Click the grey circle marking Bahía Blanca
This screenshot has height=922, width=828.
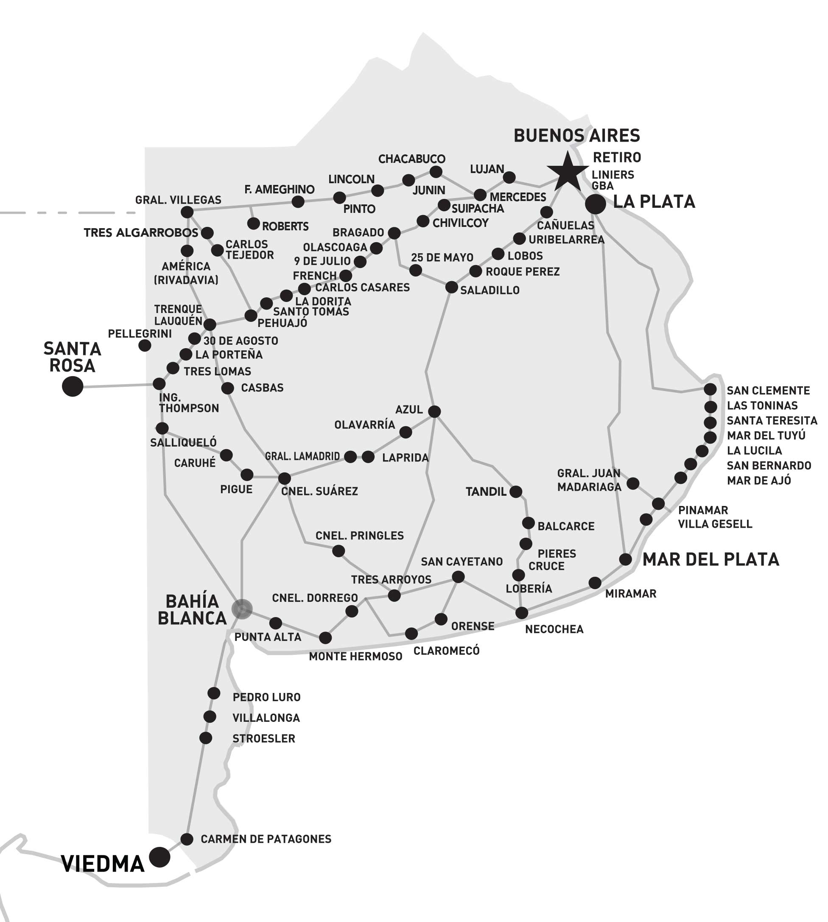point(242,609)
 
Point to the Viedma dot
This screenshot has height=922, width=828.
point(159,858)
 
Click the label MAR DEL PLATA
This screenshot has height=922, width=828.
point(710,559)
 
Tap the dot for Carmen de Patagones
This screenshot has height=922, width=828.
point(187,839)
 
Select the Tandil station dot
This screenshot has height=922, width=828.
point(515,491)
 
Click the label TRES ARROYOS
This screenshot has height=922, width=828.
point(391,579)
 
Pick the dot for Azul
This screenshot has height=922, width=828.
point(434,411)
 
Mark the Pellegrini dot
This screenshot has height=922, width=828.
point(145,345)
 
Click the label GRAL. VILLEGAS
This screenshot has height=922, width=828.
point(178,200)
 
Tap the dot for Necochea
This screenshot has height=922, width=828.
point(521,613)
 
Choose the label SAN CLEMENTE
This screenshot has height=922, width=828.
point(768,390)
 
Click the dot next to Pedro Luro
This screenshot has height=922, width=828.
point(214,693)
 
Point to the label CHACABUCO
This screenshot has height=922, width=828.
point(412,159)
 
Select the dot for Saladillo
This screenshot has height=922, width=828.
point(451,287)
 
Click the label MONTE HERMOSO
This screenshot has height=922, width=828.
point(355,657)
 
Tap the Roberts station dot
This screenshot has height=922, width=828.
point(253,224)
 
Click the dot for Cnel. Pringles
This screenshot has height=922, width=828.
point(338,551)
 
